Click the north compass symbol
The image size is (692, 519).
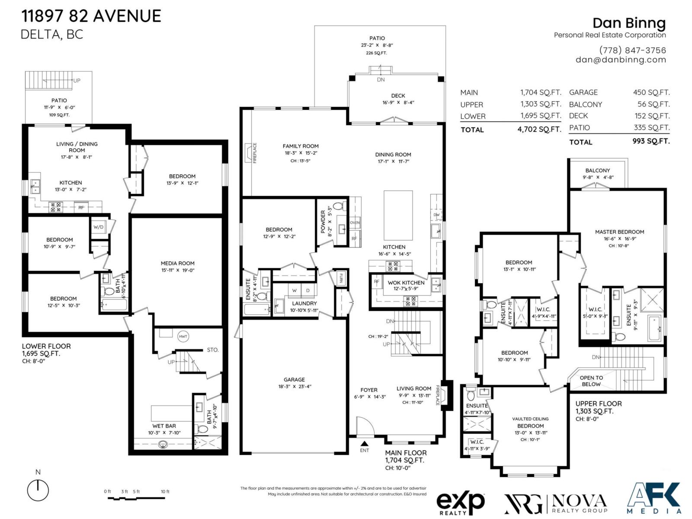click(x=38, y=490)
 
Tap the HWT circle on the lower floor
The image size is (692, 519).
click(x=183, y=336)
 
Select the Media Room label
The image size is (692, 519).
click(x=177, y=263)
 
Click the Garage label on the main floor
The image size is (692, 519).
click(x=294, y=380)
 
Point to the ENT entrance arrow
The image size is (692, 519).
click(x=365, y=444)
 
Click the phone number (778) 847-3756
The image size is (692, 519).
click(x=632, y=50)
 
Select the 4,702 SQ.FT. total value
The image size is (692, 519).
click(x=539, y=129)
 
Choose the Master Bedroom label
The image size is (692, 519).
click(x=619, y=232)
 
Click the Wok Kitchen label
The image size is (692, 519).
click(x=406, y=283)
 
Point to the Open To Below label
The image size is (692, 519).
click(x=591, y=381)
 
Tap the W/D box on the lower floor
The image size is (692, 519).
click(x=99, y=227)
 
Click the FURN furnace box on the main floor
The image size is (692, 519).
click(x=341, y=277)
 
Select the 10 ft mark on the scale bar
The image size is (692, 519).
click(x=165, y=492)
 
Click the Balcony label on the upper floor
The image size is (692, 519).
click(x=597, y=171)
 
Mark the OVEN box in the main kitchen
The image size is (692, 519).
click(x=355, y=223)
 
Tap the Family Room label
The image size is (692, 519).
click(x=301, y=146)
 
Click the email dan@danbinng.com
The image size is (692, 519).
click(x=621, y=60)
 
